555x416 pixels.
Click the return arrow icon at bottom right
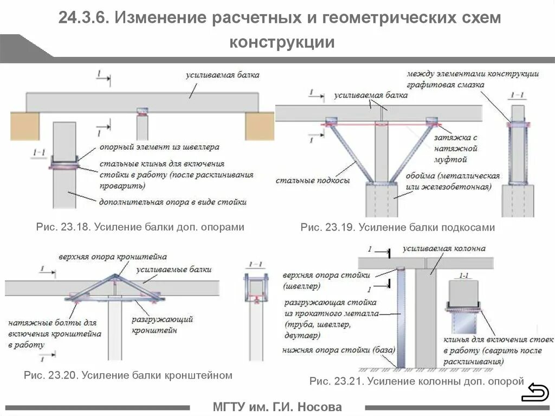tap(535, 392)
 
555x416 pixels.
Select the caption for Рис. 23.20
tap(128, 375)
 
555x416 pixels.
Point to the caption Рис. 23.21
tap(416, 381)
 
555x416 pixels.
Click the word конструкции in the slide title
tap(282, 42)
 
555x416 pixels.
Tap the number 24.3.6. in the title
tap(85, 18)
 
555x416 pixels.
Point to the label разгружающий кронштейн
tap(162, 324)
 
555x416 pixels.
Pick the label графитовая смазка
tap(447, 84)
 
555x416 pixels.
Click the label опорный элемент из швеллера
tap(159, 146)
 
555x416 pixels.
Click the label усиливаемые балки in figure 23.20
tap(173, 269)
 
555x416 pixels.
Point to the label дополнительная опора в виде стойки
tap(172, 202)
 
